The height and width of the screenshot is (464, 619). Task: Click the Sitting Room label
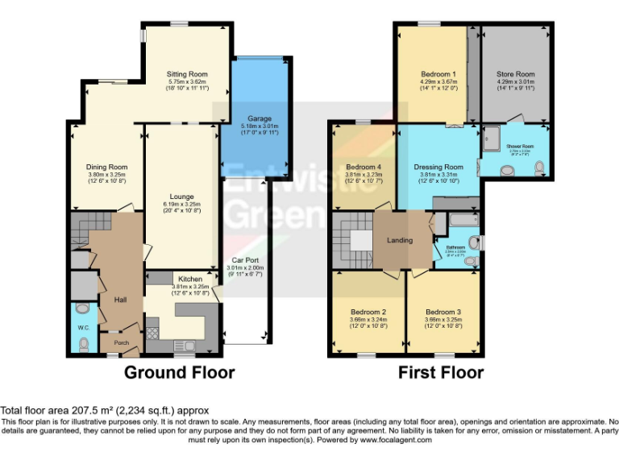coord(187,74)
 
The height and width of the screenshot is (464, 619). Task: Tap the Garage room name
coord(260,118)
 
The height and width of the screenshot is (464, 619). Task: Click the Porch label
coord(121,343)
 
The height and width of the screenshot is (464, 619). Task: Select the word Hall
coord(120,300)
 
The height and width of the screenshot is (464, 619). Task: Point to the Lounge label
coord(181,196)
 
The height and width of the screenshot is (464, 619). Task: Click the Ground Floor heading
coord(179,372)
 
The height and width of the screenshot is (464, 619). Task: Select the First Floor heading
coord(441,372)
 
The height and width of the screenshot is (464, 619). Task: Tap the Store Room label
coord(515,74)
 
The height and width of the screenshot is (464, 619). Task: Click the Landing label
coord(400,240)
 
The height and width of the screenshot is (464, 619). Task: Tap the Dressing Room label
coord(438,167)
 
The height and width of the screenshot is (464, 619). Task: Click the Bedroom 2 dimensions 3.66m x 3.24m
coord(368,320)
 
